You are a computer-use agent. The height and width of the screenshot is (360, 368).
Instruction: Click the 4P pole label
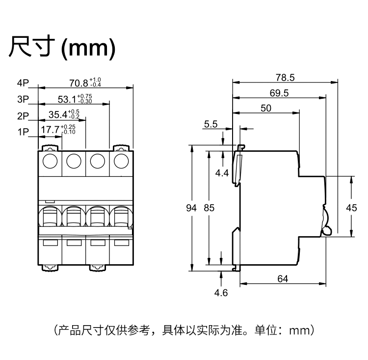pyautogui.click(x=23, y=83)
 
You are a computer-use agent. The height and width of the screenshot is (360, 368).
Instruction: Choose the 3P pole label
pyautogui.click(x=23, y=100)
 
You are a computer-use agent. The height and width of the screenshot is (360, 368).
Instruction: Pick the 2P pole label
pyautogui.click(x=23, y=116)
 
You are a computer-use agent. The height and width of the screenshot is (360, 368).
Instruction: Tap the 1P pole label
pyautogui.click(x=23, y=132)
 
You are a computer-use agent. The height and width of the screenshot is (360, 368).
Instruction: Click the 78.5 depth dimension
pyautogui.click(x=285, y=77)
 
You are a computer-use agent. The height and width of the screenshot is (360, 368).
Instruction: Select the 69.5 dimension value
pyautogui.click(x=279, y=93)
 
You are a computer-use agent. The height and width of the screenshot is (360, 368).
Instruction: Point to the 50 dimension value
pyautogui.click(x=266, y=109)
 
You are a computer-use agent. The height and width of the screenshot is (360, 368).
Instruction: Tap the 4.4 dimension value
pyautogui.click(x=222, y=173)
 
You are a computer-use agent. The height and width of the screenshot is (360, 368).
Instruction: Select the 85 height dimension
pyautogui.click(x=209, y=208)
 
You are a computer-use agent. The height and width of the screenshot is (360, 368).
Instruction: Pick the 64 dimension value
pyautogui.click(x=283, y=278)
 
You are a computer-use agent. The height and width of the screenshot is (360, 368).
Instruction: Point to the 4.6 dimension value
pyautogui.click(x=221, y=293)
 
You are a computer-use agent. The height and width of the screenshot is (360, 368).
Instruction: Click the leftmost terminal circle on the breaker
pyautogui.click(x=50, y=161)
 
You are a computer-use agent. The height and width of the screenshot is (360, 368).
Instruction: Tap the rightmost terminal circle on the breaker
pyautogui.click(x=121, y=161)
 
